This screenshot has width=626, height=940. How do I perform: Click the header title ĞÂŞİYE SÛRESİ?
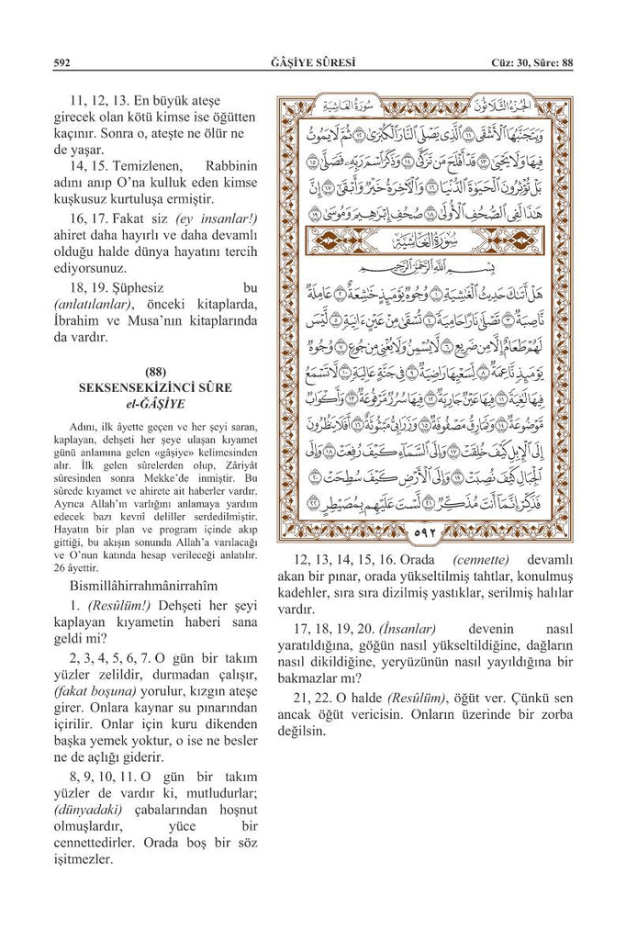313,63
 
